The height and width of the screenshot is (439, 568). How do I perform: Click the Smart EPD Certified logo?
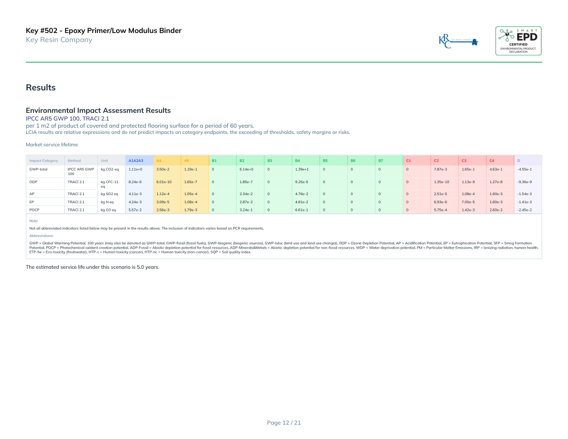click(x=518, y=41)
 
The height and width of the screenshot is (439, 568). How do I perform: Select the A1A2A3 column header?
click(x=136, y=160)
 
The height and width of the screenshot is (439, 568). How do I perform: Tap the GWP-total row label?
click(x=38, y=169)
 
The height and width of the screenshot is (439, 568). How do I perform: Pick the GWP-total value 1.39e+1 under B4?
click(x=301, y=169)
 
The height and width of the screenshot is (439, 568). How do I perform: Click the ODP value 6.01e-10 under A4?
click(x=164, y=182)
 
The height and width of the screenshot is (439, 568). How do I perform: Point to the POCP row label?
click(x=34, y=210)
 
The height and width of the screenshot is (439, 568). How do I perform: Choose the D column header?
click(x=519, y=160)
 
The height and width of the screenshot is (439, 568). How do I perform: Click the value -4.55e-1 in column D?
click(x=524, y=169)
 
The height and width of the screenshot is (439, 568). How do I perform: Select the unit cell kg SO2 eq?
click(x=109, y=194)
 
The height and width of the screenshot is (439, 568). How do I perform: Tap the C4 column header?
click(x=492, y=160)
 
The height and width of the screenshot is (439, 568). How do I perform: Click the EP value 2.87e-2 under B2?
click(x=246, y=202)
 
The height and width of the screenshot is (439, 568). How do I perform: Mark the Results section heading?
click(x=41, y=88)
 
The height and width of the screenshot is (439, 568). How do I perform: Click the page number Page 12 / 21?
click(x=284, y=423)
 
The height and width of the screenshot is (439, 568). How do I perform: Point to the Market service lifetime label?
click(x=52, y=144)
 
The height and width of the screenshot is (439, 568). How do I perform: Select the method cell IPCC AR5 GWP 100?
click(x=80, y=171)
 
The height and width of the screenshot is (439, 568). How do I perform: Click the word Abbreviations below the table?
click(x=41, y=236)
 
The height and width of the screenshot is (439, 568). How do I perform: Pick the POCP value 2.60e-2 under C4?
click(x=496, y=210)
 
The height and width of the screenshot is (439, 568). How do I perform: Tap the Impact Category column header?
click(x=44, y=160)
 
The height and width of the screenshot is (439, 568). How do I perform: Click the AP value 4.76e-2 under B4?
click(x=301, y=194)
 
